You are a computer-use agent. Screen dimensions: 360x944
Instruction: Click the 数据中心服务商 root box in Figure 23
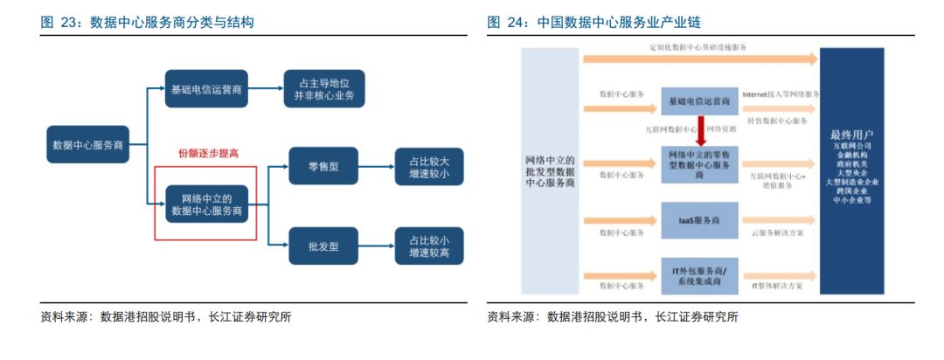(x=88, y=145)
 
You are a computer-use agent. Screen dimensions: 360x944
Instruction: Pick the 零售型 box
(x=323, y=166)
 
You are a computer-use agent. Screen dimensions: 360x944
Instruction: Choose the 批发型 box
(x=323, y=246)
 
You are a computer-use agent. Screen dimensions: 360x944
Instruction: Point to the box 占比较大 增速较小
(x=429, y=166)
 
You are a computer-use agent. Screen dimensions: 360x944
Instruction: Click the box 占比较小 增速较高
(x=429, y=246)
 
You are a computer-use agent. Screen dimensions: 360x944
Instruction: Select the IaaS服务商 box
(x=699, y=220)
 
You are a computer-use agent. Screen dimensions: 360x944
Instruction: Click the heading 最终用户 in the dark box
(x=857, y=136)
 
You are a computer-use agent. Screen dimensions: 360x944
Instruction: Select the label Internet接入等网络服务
(x=781, y=93)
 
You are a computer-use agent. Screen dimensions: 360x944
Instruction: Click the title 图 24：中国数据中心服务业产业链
(x=593, y=21)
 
